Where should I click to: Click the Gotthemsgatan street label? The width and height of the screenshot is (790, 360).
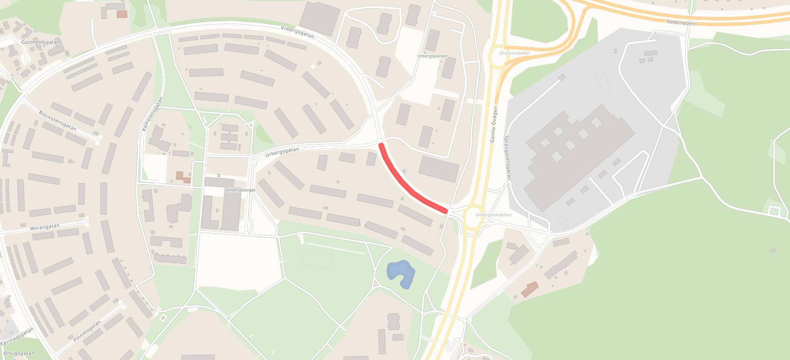(x=40, y=42)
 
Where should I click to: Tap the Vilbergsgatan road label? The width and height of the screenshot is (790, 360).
(x=297, y=32)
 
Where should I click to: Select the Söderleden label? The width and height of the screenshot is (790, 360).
(x=681, y=22)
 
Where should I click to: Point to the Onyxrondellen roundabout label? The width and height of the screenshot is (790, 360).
(x=514, y=53)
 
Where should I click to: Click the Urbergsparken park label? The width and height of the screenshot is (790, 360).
(x=432, y=56)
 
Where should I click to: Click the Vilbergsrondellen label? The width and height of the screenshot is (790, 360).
(x=493, y=215)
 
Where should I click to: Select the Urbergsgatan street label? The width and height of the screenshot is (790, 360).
(x=282, y=152)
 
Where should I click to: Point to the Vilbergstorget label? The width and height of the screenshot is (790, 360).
(x=241, y=190)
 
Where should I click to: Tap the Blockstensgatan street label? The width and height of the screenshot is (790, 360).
(x=57, y=121)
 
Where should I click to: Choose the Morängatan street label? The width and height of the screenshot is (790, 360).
(x=45, y=227)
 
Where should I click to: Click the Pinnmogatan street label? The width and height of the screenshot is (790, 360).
(x=87, y=331)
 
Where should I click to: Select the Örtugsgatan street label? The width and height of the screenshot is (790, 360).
(x=19, y=353)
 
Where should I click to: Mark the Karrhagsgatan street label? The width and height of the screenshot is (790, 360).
(x=17, y=337)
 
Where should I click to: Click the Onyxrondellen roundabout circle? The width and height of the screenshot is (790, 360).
(x=499, y=57)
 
